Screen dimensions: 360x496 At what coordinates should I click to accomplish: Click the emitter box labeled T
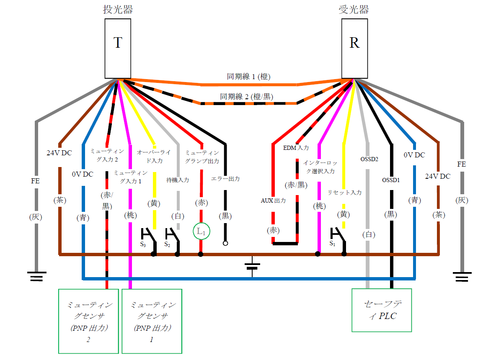tap(118, 48)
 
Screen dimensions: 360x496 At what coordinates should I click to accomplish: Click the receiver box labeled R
tap(354, 48)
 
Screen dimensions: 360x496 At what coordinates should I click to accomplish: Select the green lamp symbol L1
tap(201, 231)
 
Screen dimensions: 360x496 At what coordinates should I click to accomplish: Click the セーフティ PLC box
tap(381, 310)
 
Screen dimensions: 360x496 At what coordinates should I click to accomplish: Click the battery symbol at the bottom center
tap(252, 266)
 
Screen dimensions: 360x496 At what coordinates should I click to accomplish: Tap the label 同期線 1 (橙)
tap(248, 77)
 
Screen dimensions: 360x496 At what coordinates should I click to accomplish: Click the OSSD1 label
tap(391, 180)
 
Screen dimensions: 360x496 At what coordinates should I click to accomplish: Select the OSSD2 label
tap(369, 159)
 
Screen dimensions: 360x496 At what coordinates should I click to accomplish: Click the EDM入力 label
tap(296, 148)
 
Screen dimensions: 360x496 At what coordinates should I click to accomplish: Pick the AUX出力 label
tap(273, 201)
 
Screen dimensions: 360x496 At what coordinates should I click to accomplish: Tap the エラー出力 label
tap(225, 179)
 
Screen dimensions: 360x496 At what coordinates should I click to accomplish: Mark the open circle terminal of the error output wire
tap(225, 243)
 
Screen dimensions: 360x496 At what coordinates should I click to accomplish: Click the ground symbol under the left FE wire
tap(36, 276)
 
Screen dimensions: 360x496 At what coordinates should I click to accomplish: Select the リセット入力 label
tap(344, 193)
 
